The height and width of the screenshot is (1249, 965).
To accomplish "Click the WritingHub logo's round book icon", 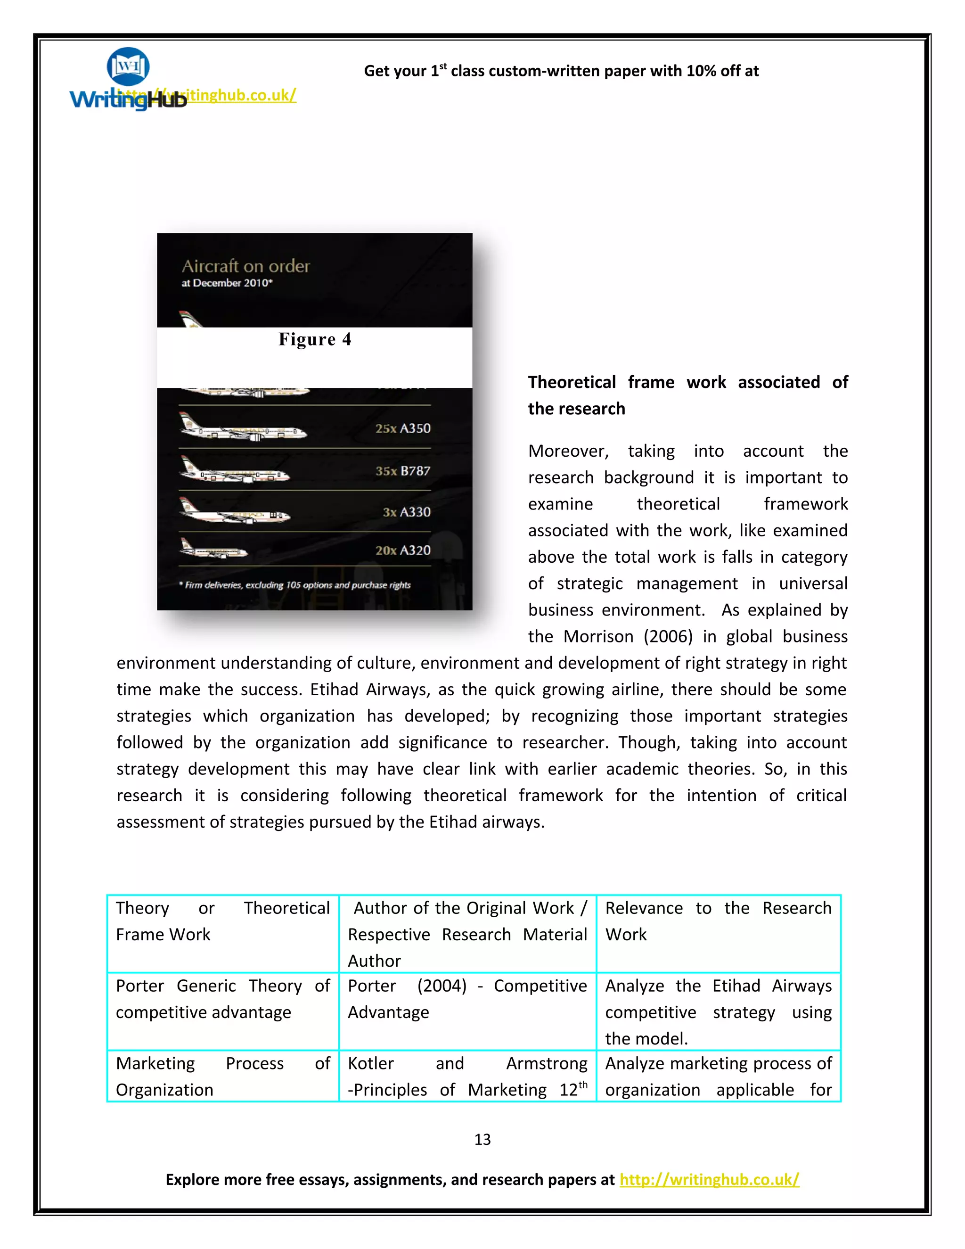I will pyautogui.click(x=128, y=66).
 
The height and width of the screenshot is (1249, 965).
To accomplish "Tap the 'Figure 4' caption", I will pyautogui.click(x=314, y=339).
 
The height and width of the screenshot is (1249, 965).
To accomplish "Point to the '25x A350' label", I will pyautogui.click(x=402, y=428).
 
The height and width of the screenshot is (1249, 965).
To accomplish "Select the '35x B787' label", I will pyautogui.click(x=402, y=471).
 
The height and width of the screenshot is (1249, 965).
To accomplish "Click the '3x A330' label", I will pyautogui.click(x=407, y=512).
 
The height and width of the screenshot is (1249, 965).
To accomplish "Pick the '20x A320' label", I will pyautogui.click(x=402, y=550).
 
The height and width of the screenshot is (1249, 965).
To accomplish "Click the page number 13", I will pyautogui.click(x=482, y=1140).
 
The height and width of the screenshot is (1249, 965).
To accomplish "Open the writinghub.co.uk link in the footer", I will pyautogui.click(x=709, y=1179).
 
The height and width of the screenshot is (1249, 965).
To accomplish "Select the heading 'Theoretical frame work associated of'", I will pyautogui.click(x=687, y=382).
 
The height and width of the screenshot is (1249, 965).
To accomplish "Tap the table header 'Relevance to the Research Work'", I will pyautogui.click(x=718, y=921).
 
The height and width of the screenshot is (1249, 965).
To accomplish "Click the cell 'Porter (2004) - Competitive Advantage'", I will pyautogui.click(x=466, y=999).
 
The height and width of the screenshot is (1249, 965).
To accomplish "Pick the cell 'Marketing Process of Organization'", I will pyautogui.click(x=222, y=1076).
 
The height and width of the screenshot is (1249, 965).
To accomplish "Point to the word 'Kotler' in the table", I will pyautogui.click(x=370, y=1063).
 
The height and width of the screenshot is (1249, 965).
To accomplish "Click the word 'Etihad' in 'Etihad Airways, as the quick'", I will pyautogui.click(x=334, y=690).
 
